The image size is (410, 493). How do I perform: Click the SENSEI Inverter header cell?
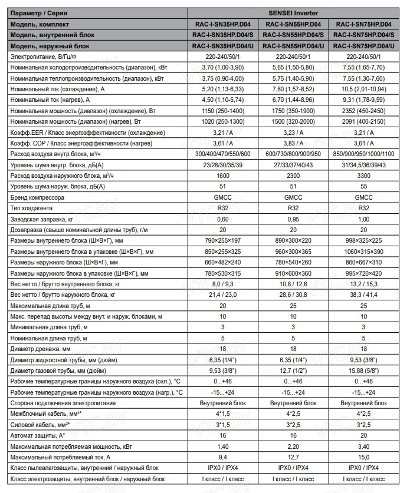(293, 13)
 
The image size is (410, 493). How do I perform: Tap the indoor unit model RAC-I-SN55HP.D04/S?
(293, 35)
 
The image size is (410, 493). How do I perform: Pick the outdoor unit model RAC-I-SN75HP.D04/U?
(363, 45)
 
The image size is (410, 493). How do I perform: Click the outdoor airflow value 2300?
(293, 176)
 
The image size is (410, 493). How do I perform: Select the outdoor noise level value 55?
(363, 186)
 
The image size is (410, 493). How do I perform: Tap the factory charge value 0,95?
(293, 219)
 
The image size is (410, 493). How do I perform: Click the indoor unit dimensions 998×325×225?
(363, 240)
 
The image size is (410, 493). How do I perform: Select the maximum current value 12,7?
(293, 456)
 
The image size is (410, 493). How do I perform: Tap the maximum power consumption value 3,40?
(363, 446)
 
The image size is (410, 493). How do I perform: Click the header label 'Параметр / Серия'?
(37, 13)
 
